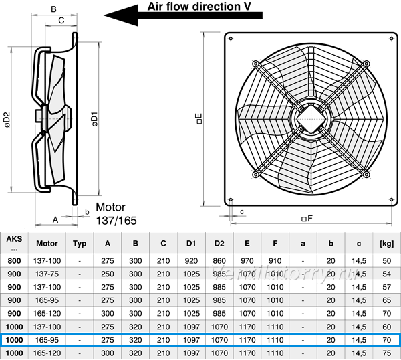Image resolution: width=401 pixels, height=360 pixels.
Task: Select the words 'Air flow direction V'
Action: (x=199, y=7)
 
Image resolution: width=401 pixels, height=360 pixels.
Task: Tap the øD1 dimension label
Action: (x=94, y=119)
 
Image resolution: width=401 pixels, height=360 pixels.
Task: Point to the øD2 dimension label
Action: (x=7, y=120)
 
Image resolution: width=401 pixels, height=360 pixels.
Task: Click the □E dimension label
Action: (x=199, y=119)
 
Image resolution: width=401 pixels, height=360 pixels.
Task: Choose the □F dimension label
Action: (x=307, y=218)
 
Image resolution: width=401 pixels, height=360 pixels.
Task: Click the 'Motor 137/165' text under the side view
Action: (x=116, y=214)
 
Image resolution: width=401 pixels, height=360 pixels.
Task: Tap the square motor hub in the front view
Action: (x=311, y=119)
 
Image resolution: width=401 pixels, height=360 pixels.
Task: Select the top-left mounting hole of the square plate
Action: (x=231, y=39)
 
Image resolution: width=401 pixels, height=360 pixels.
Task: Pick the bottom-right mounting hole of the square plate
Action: (x=391, y=199)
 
